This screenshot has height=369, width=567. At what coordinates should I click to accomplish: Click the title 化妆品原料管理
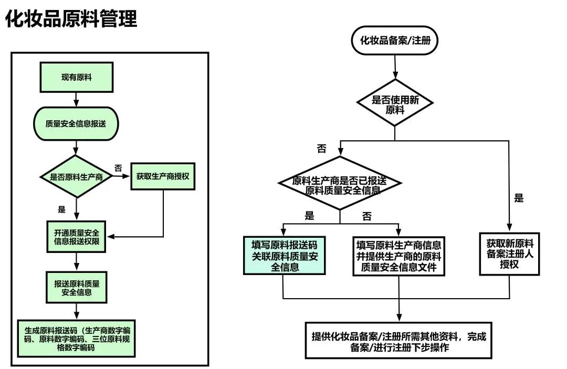(x=71, y=18)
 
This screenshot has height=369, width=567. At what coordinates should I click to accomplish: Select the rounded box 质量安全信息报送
(x=77, y=124)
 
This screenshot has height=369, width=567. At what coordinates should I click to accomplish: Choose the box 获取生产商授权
(x=163, y=176)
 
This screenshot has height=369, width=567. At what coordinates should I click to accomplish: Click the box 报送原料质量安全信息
(x=77, y=288)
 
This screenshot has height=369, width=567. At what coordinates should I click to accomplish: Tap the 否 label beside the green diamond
(x=118, y=168)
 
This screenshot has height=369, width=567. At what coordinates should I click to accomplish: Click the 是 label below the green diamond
(x=62, y=210)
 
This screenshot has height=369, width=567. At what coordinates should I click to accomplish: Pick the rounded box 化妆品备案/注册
(x=395, y=39)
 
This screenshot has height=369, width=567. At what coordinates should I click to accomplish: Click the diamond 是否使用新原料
(x=395, y=104)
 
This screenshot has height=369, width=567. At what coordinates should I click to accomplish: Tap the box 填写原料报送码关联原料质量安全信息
(x=283, y=256)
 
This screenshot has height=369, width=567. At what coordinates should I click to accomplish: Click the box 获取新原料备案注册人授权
(x=509, y=254)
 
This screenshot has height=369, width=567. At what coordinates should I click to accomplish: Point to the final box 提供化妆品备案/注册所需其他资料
(x=398, y=341)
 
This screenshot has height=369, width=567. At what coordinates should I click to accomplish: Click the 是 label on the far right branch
(x=519, y=198)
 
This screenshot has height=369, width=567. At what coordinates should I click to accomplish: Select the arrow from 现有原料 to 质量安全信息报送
(x=77, y=98)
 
